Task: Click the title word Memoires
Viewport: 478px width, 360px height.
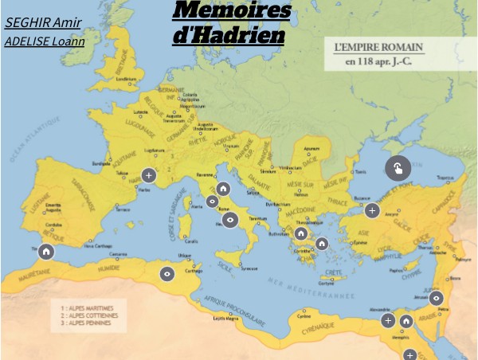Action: click(231, 11)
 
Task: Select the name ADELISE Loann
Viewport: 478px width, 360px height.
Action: click(44, 41)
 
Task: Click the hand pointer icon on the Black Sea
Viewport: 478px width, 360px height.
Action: click(398, 168)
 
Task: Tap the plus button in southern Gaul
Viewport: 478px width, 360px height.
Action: click(148, 175)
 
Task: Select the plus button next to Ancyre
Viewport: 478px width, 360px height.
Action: click(372, 210)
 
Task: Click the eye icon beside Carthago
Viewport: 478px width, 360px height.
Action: click(167, 274)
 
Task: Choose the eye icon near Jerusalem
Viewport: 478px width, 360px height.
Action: click(436, 298)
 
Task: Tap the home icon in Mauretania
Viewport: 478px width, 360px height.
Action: click(46, 252)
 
